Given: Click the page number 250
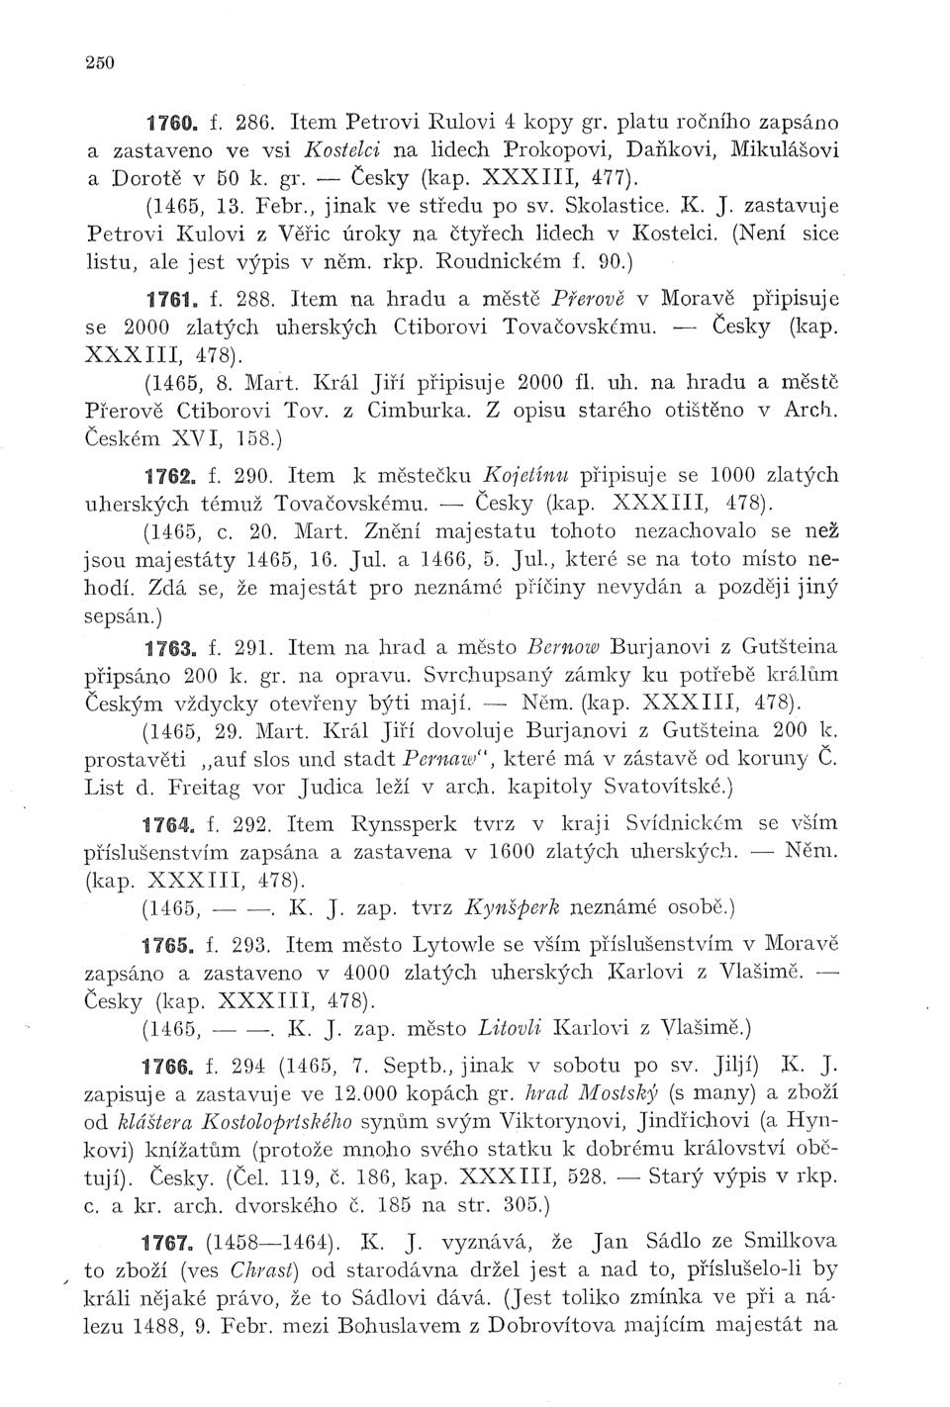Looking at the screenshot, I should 100,61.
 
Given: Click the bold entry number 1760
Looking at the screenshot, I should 168,126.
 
